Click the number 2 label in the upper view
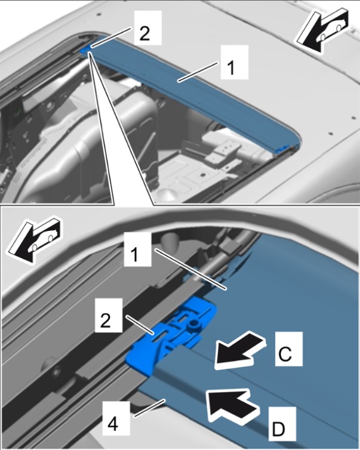click(x=144, y=34)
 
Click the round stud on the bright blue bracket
click(x=195, y=325)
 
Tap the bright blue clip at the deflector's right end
click(x=282, y=149)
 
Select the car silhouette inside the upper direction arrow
click(x=331, y=31)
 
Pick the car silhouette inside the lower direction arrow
click(x=43, y=240)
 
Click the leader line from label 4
click(x=150, y=407)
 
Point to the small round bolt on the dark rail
click(x=56, y=372)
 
